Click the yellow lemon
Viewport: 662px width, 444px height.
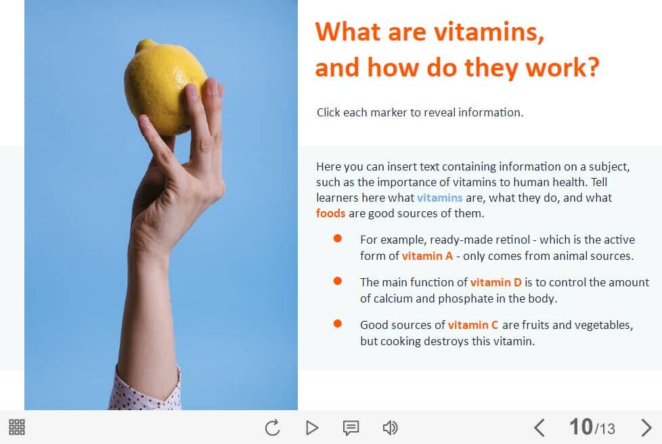pyautogui.click(x=164, y=87)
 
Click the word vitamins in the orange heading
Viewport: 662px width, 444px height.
pyautogui.click(x=489, y=32)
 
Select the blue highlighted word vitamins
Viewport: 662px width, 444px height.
pyautogui.click(x=439, y=198)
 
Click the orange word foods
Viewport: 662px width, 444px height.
pyautogui.click(x=330, y=213)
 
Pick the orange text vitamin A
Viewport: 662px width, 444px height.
pyautogui.click(x=427, y=257)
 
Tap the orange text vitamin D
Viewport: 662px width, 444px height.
pyautogui.click(x=495, y=282)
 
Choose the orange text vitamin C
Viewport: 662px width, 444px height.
pyautogui.click(x=473, y=325)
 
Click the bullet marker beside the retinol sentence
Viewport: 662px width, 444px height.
pyautogui.click(x=337, y=238)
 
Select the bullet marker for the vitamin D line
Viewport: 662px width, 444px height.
pyautogui.click(x=337, y=281)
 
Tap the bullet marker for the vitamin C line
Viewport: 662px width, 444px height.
pyautogui.click(x=337, y=324)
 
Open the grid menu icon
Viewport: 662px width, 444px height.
pyautogui.click(x=17, y=427)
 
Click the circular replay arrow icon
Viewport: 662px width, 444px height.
pyautogui.click(x=273, y=428)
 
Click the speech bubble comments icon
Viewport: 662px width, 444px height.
pyautogui.click(x=351, y=428)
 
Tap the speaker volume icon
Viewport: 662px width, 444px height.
pyautogui.click(x=390, y=428)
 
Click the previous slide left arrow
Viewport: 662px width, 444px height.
pyautogui.click(x=539, y=428)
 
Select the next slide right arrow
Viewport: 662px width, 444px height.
pyautogui.click(x=646, y=428)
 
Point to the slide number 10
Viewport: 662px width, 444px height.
pyautogui.click(x=581, y=426)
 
